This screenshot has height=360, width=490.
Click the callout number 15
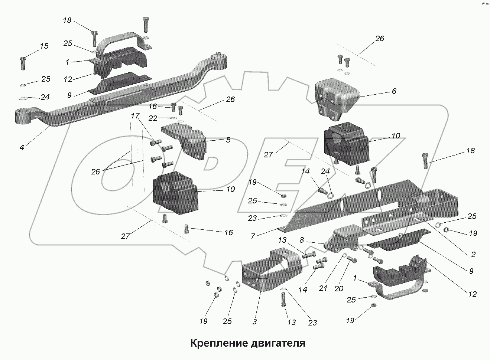[x=44, y=46]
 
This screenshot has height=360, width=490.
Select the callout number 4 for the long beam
[x=22, y=148]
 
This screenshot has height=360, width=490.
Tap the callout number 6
[x=394, y=91]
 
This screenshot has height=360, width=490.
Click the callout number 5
[x=228, y=140]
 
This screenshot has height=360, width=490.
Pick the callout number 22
[x=152, y=118]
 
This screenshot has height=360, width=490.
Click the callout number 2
[x=473, y=255]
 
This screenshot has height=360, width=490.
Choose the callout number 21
[x=323, y=288]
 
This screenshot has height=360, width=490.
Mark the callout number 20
[x=338, y=288]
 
